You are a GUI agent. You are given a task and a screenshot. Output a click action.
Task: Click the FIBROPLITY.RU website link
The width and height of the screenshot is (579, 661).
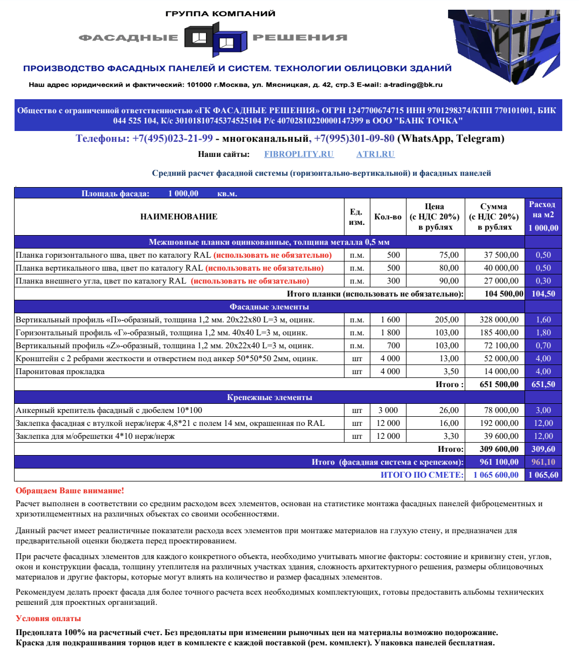(x=299, y=154)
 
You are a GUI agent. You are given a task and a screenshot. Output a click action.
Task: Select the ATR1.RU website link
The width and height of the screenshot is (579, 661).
(x=375, y=154)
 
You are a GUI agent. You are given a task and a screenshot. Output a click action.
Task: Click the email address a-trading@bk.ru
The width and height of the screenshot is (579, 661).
(x=413, y=85)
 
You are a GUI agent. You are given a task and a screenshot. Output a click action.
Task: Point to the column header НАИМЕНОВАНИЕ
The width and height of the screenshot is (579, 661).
(x=178, y=217)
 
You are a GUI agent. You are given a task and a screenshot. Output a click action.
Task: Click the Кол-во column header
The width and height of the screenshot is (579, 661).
(x=388, y=217)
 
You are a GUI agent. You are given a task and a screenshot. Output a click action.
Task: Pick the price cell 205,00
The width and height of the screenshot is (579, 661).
(x=447, y=320)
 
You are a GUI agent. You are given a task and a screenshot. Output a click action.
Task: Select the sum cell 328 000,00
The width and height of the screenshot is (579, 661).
(x=499, y=320)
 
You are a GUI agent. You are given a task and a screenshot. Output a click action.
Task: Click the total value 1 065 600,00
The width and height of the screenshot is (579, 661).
(x=496, y=475)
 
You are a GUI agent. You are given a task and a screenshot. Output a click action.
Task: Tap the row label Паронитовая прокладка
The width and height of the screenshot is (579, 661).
(x=60, y=371)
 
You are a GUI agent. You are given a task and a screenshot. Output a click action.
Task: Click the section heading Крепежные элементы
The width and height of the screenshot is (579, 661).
(x=270, y=397)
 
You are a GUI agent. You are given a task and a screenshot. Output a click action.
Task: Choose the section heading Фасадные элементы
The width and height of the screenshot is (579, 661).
(x=270, y=307)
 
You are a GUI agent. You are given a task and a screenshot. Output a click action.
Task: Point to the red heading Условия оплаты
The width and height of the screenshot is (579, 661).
(x=48, y=618)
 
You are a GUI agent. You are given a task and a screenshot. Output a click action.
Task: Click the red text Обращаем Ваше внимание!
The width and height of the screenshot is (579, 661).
(x=70, y=491)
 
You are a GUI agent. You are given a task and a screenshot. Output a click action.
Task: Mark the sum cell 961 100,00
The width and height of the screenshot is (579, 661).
(x=499, y=462)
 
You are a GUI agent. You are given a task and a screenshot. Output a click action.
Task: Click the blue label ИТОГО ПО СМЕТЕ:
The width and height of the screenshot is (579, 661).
(x=422, y=475)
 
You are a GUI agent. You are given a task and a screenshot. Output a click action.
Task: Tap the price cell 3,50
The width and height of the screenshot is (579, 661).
(x=451, y=371)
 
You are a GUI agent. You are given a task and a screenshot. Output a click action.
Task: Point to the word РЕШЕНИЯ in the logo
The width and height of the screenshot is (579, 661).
(x=300, y=38)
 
